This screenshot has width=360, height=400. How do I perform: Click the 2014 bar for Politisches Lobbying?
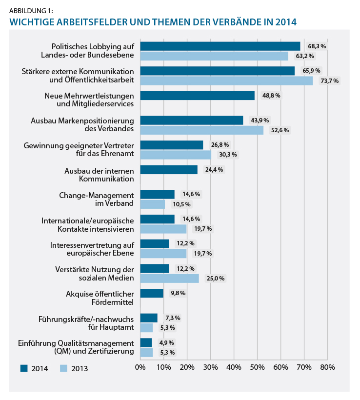(x=220, y=46)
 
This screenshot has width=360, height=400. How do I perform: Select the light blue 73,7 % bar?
(x=226, y=81)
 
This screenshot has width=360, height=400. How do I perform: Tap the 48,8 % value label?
(x=271, y=96)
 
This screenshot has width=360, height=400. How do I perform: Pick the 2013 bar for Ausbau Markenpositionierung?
(x=202, y=130)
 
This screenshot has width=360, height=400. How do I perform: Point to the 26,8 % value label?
(x=220, y=145)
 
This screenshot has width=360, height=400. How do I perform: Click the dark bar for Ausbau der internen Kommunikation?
(x=169, y=170)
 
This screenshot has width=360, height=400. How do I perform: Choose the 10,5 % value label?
(x=181, y=204)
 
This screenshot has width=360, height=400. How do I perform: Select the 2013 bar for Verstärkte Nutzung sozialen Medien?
(x=170, y=279)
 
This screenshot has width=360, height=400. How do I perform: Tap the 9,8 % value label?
(x=178, y=293)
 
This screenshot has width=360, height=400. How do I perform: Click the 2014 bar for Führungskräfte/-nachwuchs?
(x=149, y=318)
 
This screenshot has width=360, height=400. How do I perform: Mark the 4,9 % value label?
(x=167, y=342)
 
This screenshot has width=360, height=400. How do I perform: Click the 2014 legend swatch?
(x=24, y=368)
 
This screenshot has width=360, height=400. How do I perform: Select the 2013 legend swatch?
(x=63, y=368)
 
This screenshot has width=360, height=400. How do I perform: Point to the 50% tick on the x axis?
(x=257, y=360)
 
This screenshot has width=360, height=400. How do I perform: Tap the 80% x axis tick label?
(x=327, y=367)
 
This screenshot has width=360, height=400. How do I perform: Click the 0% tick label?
(x=140, y=367)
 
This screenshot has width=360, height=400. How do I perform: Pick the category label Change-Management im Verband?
(x=97, y=199)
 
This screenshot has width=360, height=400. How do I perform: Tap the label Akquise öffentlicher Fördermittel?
(x=100, y=298)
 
